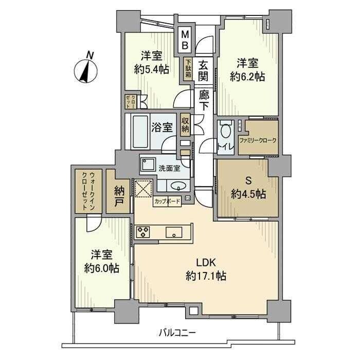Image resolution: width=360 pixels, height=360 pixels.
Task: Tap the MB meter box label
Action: (x=184, y=41)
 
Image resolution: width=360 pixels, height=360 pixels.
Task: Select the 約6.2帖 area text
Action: (x=247, y=77)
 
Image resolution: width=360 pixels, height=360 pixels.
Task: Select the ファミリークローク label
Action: (x=259, y=140)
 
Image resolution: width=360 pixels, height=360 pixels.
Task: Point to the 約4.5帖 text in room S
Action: (x=248, y=194)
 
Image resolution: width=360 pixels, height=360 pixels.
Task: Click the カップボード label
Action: (x=167, y=202)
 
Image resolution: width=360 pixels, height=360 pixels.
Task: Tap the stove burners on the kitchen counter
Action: (x=142, y=232)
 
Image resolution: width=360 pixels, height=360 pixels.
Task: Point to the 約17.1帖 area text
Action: (x=206, y=275)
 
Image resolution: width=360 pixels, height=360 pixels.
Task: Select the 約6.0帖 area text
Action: (x=102, y=268)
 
